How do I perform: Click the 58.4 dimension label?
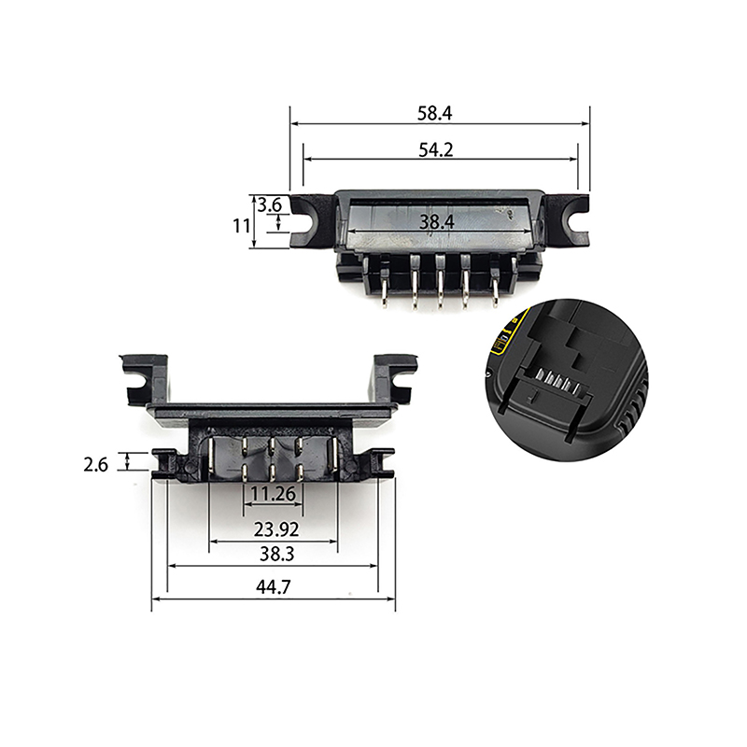tap(434, 113)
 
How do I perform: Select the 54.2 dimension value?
tap(436, 149)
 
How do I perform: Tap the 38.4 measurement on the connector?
tap(437, 222)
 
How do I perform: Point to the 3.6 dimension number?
tap(270, 205)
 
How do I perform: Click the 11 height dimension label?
tap(241, 225)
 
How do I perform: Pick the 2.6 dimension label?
tap(96, 464)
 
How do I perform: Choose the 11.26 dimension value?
tap(273, 494)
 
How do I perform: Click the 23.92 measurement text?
tap(276, 529)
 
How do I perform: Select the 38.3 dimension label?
tap(276, 554)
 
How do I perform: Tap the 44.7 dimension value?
tap(273, 587)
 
